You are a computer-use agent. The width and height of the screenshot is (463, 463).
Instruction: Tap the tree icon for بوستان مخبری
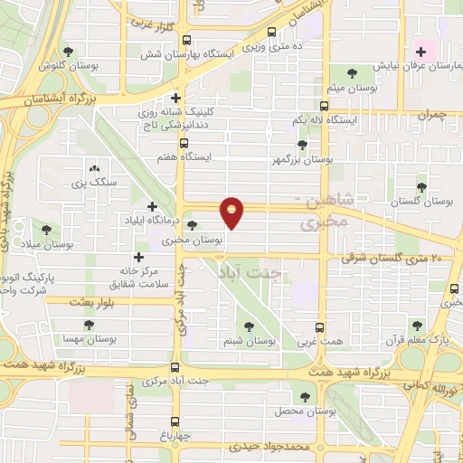[192, 227]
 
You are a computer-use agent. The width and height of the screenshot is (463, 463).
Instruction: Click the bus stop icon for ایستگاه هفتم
[184, 143]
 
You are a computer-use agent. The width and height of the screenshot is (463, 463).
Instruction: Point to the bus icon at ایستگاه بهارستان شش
[186, 41]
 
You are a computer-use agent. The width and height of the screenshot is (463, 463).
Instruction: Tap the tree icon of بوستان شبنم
[249, 327]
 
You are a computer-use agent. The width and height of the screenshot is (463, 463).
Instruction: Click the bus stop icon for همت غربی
[318, 328]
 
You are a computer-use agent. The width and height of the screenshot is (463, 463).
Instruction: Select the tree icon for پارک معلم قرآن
[416, 326]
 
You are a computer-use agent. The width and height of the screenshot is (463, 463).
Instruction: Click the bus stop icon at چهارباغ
[175, 422]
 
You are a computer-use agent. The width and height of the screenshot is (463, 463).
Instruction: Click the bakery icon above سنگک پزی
[94, 168]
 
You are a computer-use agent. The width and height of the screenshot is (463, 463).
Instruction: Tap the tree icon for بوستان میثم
[352, 74]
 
